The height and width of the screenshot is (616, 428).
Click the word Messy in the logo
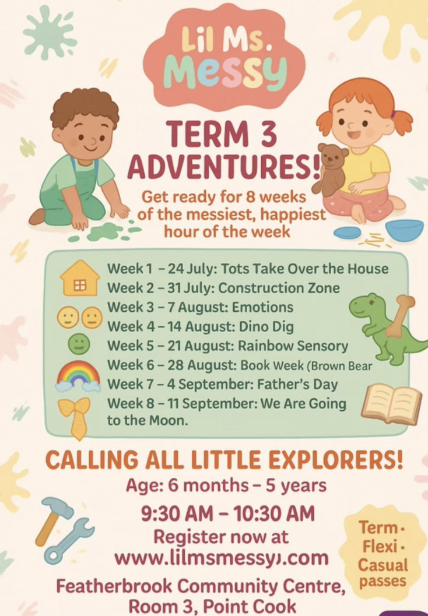[x=224, y=71]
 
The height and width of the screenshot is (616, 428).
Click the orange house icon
[x=80, y=278]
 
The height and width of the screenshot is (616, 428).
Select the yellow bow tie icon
[x=75, y=417]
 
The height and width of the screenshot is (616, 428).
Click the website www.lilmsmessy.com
[x=221, y=558]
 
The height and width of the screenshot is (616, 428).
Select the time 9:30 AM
[x=177, y=513]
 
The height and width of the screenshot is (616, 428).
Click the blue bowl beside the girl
[x=405, y=230]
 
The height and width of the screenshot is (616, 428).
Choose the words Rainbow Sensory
[x=293, y=346]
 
